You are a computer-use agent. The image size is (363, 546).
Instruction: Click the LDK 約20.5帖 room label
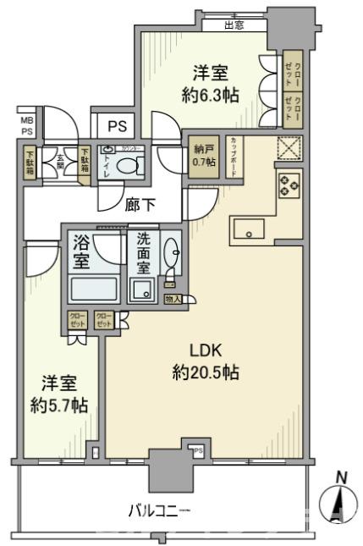[x=206, y=361]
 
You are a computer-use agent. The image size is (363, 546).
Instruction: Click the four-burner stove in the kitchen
[x=289, y=185]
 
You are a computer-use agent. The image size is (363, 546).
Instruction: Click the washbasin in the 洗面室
[x=172, y=252]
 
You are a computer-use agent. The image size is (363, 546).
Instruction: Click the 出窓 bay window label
[x=234, y=25]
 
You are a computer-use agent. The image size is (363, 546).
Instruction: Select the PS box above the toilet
[x=117, y=126]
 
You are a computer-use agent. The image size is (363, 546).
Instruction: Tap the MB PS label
[x=27, y=125]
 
